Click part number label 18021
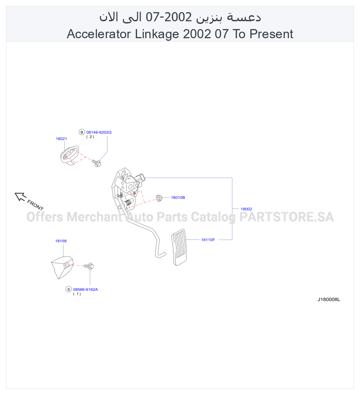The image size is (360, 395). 61,138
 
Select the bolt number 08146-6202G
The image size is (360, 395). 99,132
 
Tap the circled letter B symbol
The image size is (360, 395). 82,132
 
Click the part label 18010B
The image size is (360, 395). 178,197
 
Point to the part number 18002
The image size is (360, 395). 246,209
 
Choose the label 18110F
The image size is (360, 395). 208,240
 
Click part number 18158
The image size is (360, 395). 61,241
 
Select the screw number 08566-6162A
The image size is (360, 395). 85,290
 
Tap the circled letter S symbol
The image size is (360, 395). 69,289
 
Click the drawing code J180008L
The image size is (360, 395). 328,300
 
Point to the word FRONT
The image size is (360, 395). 35,205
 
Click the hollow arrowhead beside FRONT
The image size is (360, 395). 20,197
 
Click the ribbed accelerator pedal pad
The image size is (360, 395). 179,247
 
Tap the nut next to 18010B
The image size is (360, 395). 159,198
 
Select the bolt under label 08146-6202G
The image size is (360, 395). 96,163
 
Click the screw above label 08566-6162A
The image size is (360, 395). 89,266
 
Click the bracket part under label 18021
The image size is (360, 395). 69,155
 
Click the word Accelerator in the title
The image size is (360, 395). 99,34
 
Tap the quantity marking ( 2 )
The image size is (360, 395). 90,137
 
